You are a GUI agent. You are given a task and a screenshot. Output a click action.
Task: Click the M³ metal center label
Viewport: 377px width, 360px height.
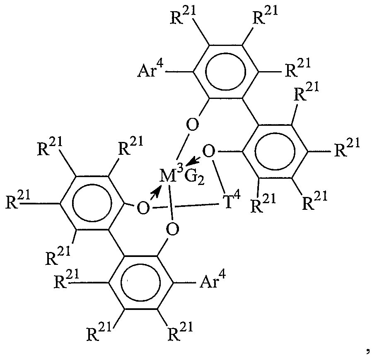click(x=170, y=175)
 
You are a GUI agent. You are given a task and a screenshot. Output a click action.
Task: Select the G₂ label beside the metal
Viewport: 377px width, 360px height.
click(x=194, y=178)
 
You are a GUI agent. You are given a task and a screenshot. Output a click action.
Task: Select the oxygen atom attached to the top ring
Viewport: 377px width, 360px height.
click(x=193, y=125)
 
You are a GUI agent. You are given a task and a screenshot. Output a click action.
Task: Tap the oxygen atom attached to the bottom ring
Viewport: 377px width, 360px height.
click(x=173, y=229)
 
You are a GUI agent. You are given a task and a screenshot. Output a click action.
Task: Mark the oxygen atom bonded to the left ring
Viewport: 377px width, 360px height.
click(x=143, y=208)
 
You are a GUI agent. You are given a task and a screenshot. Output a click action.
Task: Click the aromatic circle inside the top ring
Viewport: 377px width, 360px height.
click(x=225, y=72)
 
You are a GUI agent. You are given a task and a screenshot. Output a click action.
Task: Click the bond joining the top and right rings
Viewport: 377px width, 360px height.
click(x=250, y=112)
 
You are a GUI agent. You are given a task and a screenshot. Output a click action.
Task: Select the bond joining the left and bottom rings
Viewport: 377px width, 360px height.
click(x=116, y=243)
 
